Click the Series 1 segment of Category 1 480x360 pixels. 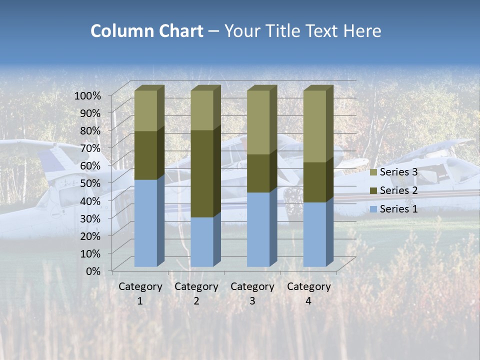point(146,223)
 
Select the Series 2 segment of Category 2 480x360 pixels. point(202,173)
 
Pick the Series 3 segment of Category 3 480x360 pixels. point(258,122)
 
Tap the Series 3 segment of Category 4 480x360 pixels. point(314,126)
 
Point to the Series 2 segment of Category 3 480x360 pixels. point(258,173)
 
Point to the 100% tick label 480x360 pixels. point(87,95)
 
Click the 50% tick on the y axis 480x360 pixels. point(90,182)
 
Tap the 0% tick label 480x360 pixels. point(93,270)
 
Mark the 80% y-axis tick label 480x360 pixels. point(90,130)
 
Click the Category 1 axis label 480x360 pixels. point(140,293)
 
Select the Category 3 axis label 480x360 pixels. point(252,293)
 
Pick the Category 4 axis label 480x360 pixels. point(308,293)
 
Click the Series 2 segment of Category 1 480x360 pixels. point(146,155)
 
